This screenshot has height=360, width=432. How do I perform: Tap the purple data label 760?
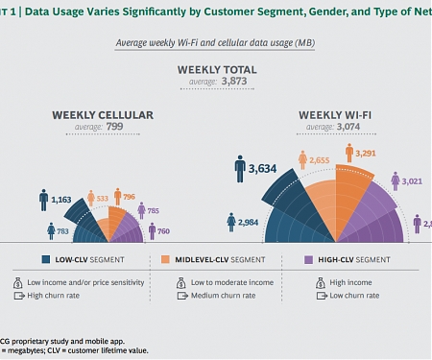[163, 230]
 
